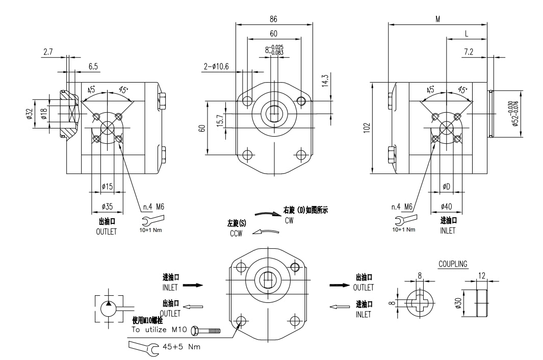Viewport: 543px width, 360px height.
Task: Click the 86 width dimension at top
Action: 273,19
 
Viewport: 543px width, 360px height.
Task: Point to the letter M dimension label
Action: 437,19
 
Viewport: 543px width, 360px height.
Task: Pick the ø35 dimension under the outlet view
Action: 107,207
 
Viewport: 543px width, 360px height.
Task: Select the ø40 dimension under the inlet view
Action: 447,207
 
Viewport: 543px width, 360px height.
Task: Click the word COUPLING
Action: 453,264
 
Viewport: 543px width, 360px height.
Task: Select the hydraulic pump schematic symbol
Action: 109,307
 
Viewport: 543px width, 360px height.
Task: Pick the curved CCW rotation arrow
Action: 267,232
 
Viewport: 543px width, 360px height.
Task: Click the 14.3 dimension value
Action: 325,81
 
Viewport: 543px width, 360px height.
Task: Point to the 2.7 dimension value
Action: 48,52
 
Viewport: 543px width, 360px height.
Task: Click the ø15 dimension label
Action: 107,187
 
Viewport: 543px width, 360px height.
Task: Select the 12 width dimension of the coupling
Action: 482,275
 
